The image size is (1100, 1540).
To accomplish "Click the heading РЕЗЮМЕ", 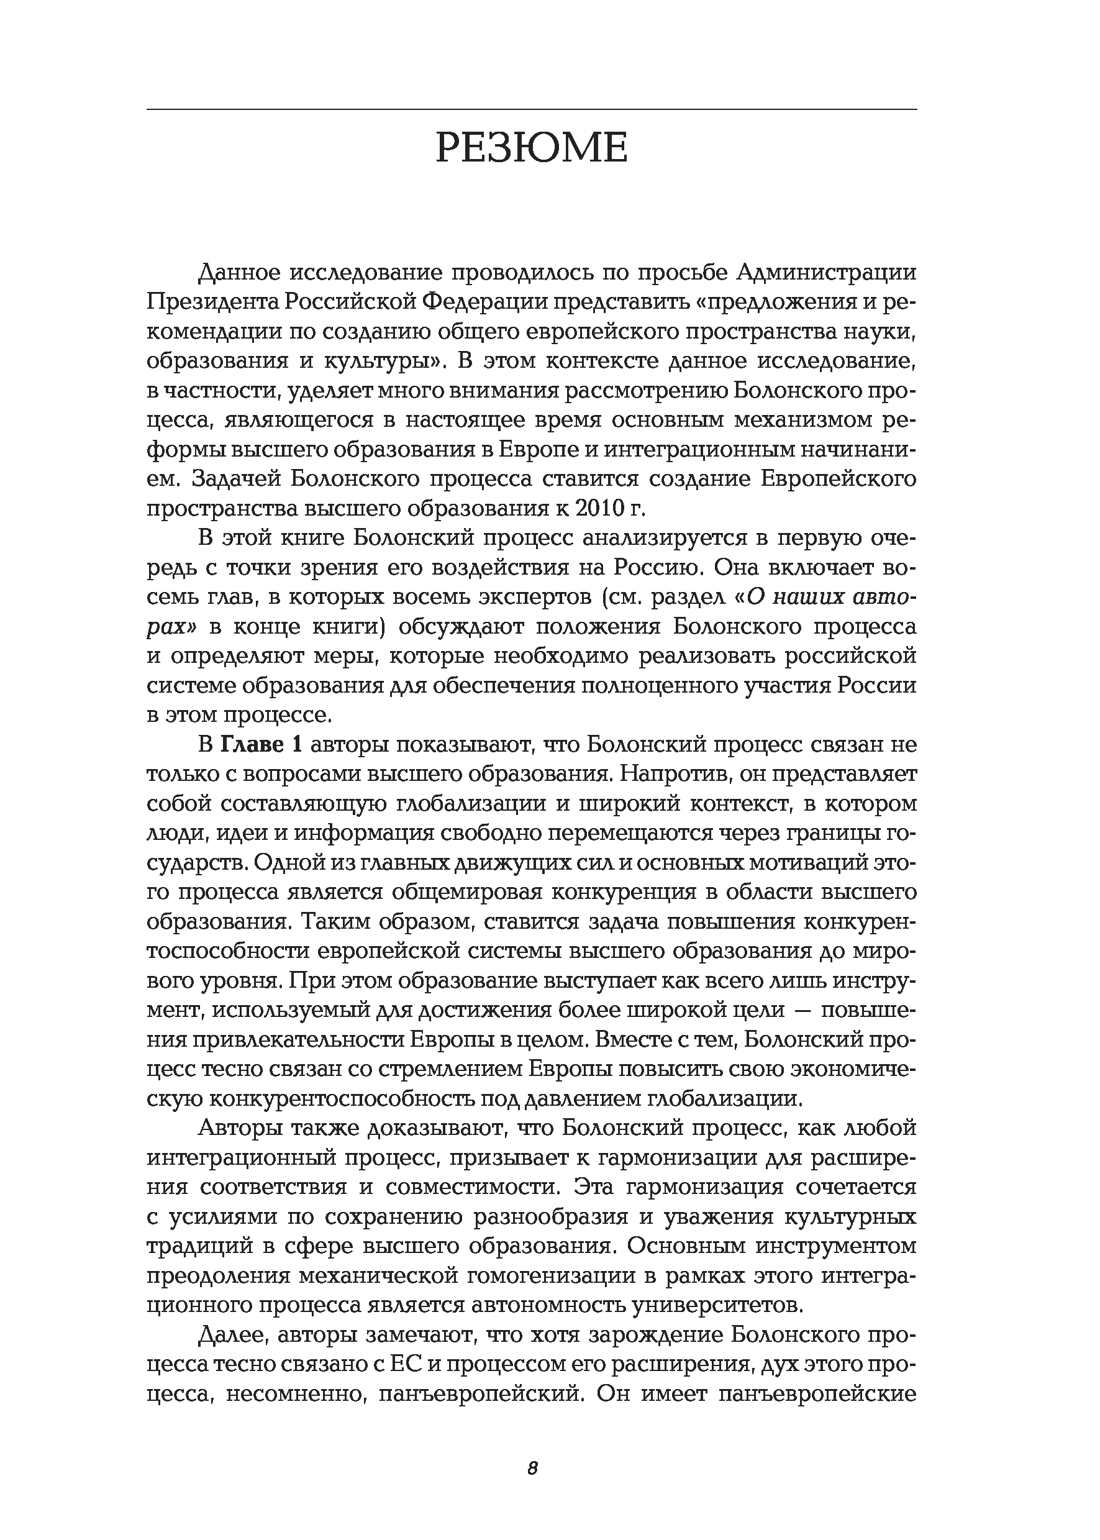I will click(x=532, y=148).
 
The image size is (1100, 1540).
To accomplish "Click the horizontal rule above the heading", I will click(x=532, y=109).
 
